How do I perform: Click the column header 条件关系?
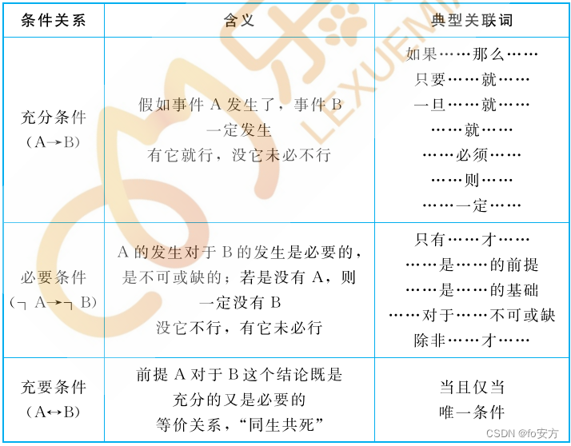(54, 20)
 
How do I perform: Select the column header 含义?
(239, 20)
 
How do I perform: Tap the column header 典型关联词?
(472, 20)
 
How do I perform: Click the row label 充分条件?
(54, 117)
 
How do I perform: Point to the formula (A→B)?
(54, 142)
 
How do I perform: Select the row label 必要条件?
(54, 277)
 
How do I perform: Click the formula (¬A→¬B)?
(54, 302)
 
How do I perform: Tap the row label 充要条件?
(54, 388)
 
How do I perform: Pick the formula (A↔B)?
(54, 412)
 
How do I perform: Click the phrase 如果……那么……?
(472, 54)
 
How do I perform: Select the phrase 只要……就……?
(472, 80)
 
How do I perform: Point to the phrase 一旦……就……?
(472, 105)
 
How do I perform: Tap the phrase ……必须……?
(472, 155)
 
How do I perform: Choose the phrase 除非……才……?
(472, 340)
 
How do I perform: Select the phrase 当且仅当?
(472, 388)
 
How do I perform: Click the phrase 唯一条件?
(472, 412)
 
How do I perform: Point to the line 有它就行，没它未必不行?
(239, 155)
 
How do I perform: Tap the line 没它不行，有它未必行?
(239, 328)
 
